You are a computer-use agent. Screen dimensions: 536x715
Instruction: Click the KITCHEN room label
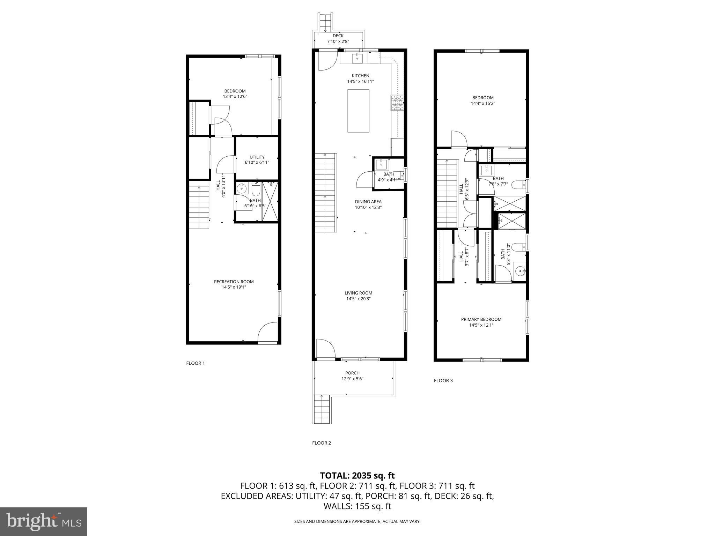pos(360,76)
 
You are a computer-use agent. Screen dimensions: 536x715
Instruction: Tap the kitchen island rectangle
pos(358,111)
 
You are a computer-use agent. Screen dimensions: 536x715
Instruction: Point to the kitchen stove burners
pos(397,103)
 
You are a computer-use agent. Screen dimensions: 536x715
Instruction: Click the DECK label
pos(338,36)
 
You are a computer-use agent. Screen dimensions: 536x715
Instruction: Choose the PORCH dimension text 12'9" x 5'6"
pos(352,379)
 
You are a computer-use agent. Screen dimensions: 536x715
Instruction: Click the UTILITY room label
pos(257,157)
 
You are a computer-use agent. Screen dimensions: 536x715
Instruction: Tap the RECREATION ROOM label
pos(234,282)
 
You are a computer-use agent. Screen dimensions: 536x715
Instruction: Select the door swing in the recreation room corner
pos(267,332)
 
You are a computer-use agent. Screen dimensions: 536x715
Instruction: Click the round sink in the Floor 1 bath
pos(241,189)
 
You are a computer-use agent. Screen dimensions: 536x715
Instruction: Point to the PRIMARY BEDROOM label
pos(481,319)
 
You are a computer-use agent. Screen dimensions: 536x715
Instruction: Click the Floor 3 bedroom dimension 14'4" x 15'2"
pos(483,103)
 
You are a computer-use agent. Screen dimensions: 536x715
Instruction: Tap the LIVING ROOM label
pos(358,293)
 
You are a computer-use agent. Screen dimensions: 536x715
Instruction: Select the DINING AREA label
pos(368,202)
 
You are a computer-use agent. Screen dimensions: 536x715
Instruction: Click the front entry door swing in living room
pos(325,349)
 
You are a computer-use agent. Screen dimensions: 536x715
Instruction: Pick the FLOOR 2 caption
pos(321,443)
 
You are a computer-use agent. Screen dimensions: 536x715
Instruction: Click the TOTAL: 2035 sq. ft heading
pos(357,475)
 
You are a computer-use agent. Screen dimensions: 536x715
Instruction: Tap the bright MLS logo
pos(44,521)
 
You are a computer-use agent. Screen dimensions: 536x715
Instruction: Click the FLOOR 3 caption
pos(443,380)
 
